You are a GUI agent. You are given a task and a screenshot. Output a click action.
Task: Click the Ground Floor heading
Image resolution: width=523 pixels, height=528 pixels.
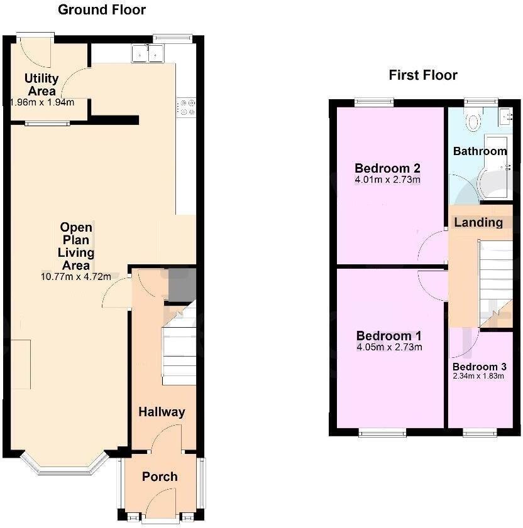(x=101, y=10)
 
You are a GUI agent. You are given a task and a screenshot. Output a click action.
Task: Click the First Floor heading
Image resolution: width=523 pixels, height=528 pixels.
(x=423, y=75)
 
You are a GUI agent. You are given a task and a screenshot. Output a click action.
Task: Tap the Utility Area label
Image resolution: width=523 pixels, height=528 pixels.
(x=42, y=85)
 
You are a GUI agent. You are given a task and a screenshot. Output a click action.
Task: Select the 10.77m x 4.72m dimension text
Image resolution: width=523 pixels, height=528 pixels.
(x=76, y=277)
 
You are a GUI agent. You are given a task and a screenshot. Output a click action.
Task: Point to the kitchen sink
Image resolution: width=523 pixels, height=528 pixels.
(x=148, y=53)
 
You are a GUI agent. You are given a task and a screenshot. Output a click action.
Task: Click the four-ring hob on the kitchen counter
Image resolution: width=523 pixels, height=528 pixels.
(x=187, y=107)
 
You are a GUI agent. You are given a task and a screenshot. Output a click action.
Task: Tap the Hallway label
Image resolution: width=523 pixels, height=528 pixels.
(x=162, y=412)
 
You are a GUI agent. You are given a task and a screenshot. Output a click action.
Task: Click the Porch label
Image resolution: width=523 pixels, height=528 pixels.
(x=160, y=477)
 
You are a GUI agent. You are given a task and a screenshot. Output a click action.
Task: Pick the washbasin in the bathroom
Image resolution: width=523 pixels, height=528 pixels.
(x=506, y=116)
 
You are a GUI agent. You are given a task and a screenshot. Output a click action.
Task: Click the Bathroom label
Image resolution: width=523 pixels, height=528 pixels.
(x=480, y=151)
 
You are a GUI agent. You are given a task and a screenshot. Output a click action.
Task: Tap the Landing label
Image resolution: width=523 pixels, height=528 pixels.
(x=478, y=222)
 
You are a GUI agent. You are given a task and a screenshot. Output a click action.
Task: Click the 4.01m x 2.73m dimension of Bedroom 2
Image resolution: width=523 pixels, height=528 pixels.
(x=387, y=180)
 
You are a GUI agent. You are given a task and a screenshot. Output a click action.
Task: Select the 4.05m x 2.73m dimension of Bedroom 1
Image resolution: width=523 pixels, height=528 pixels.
(x=389, y=347)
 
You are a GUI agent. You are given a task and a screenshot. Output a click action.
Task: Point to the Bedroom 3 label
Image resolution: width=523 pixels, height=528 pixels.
(x=479, y=367)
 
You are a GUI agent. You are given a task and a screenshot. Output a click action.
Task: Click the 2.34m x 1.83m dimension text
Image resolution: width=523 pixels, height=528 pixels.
(x=478, y=376)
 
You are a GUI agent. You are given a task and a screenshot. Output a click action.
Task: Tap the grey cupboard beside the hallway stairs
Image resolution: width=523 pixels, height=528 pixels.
(x=182, y=286)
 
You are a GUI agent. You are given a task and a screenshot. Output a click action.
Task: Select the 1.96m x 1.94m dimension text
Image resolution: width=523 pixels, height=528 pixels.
(x=43, y=102)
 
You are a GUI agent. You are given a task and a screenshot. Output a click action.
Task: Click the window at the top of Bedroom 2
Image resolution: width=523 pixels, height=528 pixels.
(x=374, y=102)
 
